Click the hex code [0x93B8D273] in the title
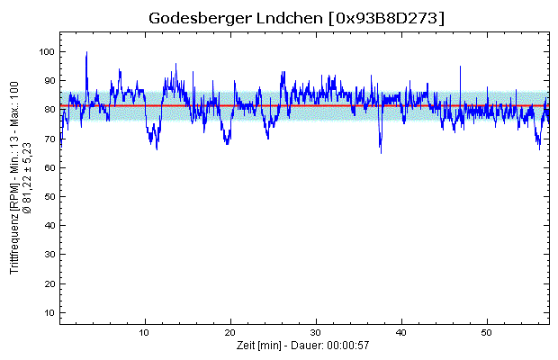pos(387,19)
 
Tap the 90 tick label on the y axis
pos(48,81)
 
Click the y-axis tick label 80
pos(48,110)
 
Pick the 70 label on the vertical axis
pos(48,139)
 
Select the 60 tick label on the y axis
pos(48,167)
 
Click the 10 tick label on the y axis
pos(48,312)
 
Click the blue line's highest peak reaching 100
pos(86,53)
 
